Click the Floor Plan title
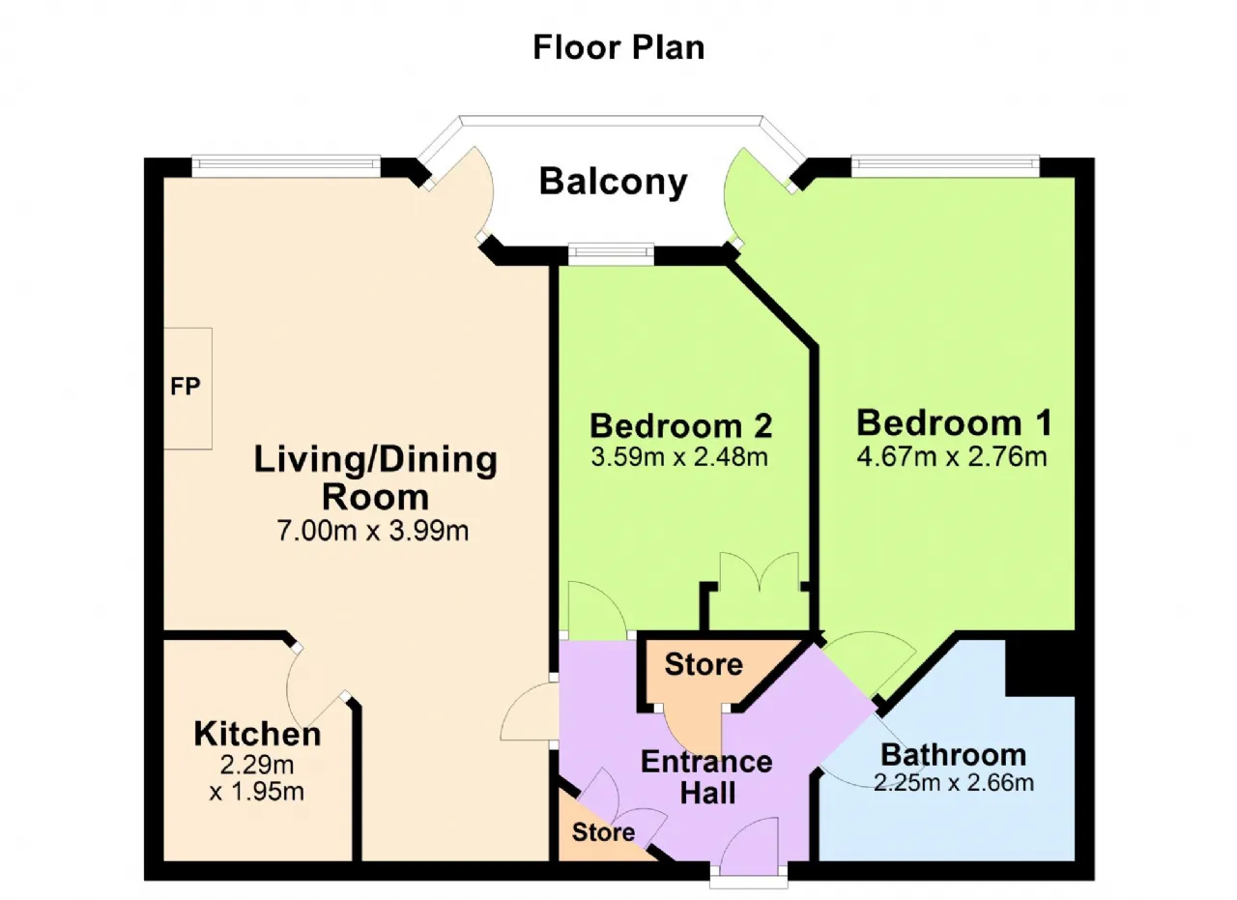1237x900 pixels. pos(618,47)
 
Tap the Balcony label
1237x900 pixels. pos(613,182)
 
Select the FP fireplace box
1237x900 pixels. pos(187,389)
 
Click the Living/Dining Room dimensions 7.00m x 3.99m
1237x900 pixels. pos(373,531)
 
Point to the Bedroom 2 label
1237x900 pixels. pos(681,426)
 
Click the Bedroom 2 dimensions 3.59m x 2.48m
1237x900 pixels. pos(679,457)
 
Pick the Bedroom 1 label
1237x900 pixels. pos(954,423)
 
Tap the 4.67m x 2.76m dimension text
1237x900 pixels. pos(952,457)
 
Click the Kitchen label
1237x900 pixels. pos(257,735)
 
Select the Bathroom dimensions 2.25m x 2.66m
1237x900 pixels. pos(954,783)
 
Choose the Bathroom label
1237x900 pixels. pos(954,755)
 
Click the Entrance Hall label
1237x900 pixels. pos(707,777)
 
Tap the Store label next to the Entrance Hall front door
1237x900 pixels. pos(604,832)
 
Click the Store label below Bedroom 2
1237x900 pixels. pos(704,664)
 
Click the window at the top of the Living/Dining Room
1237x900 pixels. pos(286,164)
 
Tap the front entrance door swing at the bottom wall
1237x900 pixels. pos(750,848)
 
